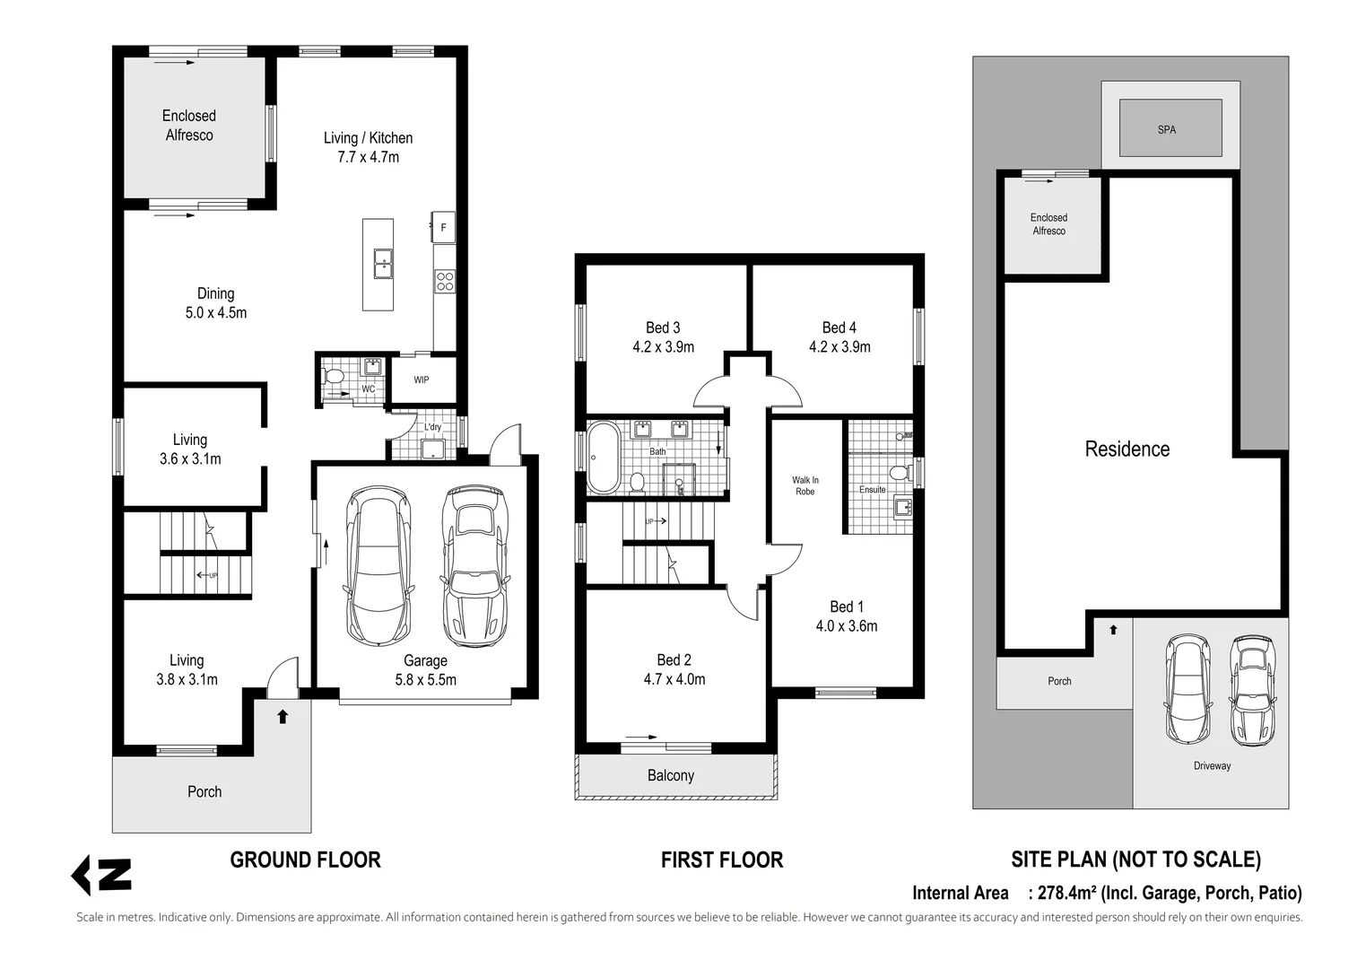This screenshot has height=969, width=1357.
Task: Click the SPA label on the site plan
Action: [1166, 130]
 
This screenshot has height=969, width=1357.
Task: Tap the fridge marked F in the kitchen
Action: [443, 227]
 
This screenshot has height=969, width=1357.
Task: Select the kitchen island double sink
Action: [383, 264]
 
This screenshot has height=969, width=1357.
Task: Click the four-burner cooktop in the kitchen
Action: [445, 282]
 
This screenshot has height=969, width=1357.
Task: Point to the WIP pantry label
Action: [422, 380]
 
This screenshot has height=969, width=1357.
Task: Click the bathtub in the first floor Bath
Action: [604, 458]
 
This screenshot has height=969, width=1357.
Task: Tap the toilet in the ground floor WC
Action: [333, 377]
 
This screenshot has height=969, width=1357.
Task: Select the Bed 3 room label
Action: [664, 327]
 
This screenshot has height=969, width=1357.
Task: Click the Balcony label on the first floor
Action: [671, 776]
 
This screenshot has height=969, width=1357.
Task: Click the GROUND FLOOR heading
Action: [305, 860]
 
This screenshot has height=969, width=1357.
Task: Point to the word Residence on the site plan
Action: [1126, 449]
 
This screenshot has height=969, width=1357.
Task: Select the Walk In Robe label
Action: [805, 485]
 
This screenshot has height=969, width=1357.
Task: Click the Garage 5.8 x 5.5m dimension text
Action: [426, 680]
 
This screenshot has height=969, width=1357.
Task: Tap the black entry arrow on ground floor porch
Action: [283, 717]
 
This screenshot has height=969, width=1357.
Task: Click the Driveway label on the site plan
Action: [1213, 766]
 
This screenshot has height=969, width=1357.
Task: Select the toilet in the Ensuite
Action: [900, 473]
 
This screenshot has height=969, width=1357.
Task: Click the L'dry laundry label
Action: [432, 426]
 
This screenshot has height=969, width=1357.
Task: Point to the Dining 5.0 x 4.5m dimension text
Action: [216, 313]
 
